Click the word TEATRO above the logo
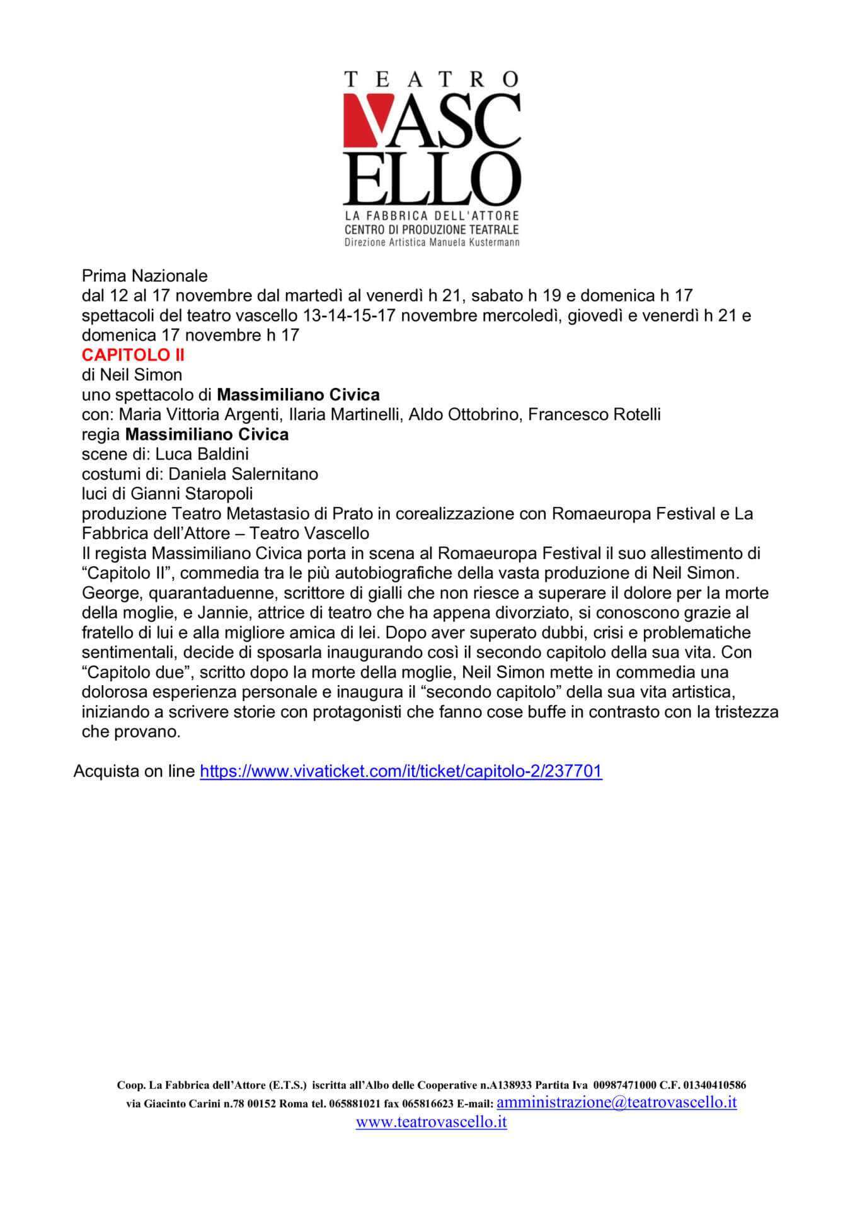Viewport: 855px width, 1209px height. (431, 79)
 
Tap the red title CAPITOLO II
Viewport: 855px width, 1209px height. (133, 355)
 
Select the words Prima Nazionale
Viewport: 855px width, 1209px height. (144, 276)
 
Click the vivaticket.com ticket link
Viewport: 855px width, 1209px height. (401, 771)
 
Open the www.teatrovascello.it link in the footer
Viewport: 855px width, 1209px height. (431, 1121)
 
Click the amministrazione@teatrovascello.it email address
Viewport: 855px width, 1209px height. (616, 1102)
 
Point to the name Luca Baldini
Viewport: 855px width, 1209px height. (202, 454)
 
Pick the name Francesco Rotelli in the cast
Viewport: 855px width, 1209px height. (594, 414)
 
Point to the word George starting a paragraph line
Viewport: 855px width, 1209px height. (110, 593)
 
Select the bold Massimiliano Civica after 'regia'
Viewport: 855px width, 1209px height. (207, 434)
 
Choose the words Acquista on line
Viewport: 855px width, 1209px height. (134, 771)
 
